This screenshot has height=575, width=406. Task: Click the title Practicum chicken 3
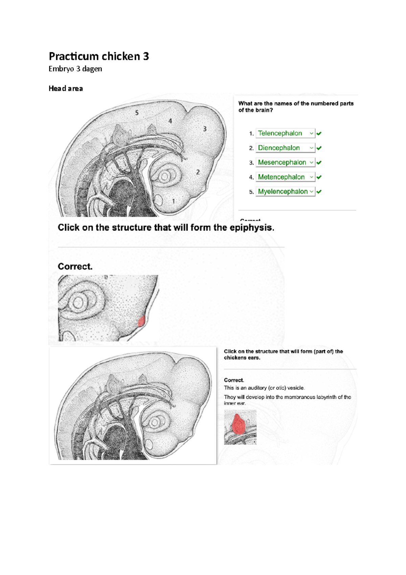click(x=99, y=56)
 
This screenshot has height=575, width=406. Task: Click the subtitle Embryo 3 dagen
click(x=75, y=69)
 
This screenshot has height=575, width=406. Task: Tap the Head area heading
click(x=66, y=88)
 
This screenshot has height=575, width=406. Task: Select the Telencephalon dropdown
click(x=285, y=133)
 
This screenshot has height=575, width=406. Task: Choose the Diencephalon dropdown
click(x=285, y=148)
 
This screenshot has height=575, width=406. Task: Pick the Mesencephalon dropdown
click(x=285, y=163)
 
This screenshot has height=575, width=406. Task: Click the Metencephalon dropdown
click(x=285, y=177)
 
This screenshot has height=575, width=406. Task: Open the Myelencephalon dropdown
click(x=285, y=192)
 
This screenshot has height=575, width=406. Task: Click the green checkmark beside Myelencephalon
click(x=319, y=192)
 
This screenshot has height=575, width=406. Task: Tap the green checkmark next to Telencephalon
click(x=319, y=133)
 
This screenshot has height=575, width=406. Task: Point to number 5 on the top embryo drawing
click(x=137, y=113)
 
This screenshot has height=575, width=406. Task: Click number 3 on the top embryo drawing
click(x=205, y=129)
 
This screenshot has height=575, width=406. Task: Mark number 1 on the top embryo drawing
click(x=174, y=201)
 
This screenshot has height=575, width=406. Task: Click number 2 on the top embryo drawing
click(x=198, y=172)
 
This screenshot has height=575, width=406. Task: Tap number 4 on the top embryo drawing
click(x=170, y=121)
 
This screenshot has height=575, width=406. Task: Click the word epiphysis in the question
click(x=251, y=228)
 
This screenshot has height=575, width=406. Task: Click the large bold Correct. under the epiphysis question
click(x=75, y=267)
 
